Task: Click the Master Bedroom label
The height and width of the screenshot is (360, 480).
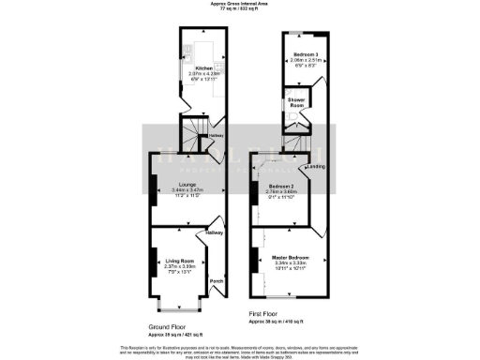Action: tap(292, 258)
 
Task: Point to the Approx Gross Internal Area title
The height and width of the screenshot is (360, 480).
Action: tap(240, 4)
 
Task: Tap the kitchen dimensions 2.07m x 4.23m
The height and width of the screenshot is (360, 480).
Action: tap(204, 73)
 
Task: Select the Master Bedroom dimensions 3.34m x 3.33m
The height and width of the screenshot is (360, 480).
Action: tap(292, 263)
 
